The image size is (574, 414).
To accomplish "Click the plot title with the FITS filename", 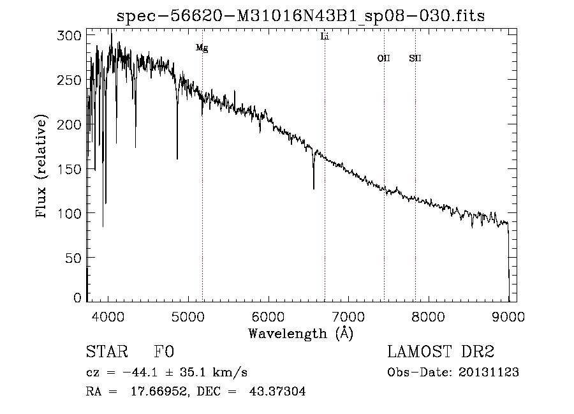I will point(300,16).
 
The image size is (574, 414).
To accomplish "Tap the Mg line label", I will point(202,48).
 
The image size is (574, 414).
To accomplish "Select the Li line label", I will point(325,37).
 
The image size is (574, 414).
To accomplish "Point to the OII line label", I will point(383,58).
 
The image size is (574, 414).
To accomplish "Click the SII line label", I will point(415,58).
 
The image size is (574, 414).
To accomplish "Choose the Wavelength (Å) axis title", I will point(300,332).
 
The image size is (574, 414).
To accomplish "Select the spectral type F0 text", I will point(164,353).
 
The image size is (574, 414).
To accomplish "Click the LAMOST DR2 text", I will point(441,352).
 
